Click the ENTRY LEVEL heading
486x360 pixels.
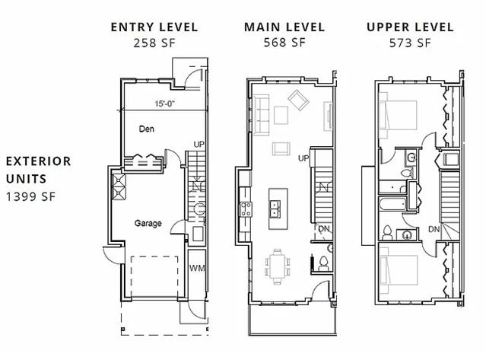coord(154,27)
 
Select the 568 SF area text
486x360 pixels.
coord(284,43)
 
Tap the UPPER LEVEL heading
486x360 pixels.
coord(410,27)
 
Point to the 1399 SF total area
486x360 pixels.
coord(30,196)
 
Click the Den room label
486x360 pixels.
coord(147,129)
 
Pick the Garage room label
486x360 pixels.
coord(148,223)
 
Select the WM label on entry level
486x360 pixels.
coord(197,268)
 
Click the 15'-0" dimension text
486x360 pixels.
coord(164,104)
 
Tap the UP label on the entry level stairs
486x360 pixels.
coord(199,144)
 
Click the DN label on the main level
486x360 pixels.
coord(324,229)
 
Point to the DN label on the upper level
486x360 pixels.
coord(434,229)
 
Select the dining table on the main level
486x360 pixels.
coord(278,266)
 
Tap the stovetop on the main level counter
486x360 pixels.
coord(246,209)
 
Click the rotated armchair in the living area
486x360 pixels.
coord(298,100)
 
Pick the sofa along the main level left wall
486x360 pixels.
coord(262,116)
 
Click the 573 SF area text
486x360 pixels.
coord(410,43)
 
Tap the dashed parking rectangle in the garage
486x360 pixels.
coord(154,276)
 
